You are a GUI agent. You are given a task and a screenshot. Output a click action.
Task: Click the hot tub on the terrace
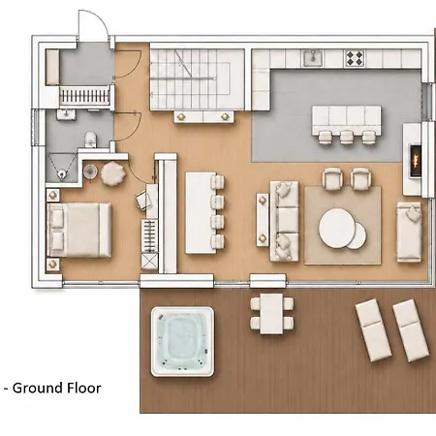[182, 341]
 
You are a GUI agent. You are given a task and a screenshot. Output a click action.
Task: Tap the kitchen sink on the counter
[312, 58]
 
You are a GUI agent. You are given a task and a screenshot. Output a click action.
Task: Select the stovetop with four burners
[355, 58]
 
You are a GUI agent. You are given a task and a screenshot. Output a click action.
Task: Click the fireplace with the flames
[416, 161]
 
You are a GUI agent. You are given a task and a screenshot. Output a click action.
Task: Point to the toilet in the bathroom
[90, 140]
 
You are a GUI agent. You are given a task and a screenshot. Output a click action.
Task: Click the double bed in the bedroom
[79, 230]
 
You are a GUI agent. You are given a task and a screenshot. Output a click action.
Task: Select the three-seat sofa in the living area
[285, 221]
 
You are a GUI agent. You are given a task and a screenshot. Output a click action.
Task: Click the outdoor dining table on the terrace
[272, 314]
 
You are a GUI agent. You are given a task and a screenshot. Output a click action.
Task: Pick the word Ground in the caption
[35, 388]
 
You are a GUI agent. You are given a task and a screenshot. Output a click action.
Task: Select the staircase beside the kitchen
[197, 79]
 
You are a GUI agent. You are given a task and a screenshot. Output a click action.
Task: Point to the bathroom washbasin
[66, 114]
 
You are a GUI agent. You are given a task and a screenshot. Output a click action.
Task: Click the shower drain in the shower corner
[61, 174]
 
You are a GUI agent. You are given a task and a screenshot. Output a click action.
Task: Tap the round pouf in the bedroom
[113, 173]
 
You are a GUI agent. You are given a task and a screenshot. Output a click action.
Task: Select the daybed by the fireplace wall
[409, 232]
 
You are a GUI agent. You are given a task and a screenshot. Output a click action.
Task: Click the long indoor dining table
[201, 213]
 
